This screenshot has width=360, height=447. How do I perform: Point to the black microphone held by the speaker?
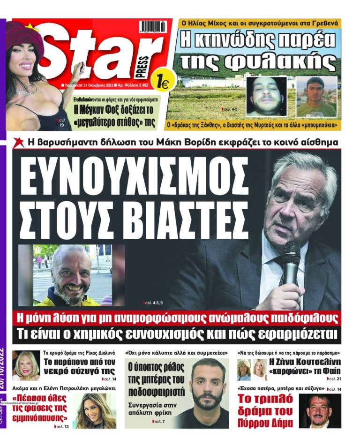point(291,261)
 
